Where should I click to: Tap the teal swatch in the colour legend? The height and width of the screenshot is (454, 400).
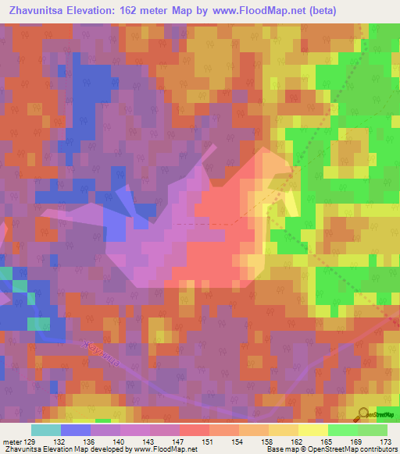coord(45,431)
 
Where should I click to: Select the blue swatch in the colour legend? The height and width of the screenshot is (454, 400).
coord(75,431)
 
